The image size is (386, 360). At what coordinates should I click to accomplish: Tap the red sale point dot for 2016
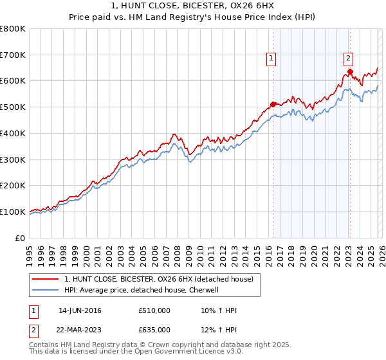click(x=273, y=104)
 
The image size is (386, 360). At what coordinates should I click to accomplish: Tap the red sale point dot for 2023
click(x=350, y=71)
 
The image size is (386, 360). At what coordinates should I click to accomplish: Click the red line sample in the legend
click(x=46, y=279)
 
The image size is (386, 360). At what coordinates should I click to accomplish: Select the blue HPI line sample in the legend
click(x=46, y=290)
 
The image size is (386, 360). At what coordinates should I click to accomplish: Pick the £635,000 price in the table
click(x=154, y=330)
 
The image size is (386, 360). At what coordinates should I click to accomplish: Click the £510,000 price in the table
click(x=154, y=310)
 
